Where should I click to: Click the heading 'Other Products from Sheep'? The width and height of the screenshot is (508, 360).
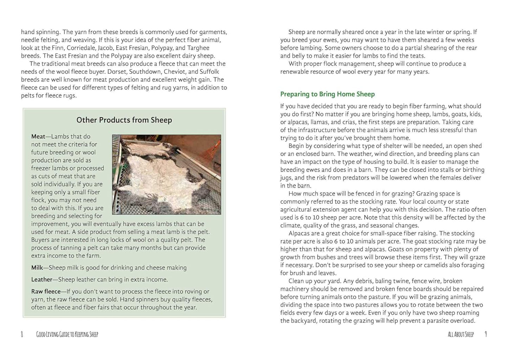124,120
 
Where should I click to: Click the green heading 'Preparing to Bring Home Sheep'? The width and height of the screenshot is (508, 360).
327,94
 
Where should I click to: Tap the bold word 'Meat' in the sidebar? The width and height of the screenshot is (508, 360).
38,136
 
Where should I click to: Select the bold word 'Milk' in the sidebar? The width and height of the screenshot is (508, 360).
37,268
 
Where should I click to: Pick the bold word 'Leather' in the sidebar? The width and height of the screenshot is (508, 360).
41,279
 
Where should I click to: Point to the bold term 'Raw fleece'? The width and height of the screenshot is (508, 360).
46,291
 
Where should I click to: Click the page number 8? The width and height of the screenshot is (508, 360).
22,334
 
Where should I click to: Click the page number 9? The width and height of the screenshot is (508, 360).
486,334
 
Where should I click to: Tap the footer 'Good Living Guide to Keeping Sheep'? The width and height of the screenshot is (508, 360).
67,334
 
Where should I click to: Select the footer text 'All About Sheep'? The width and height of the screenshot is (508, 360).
461,334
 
